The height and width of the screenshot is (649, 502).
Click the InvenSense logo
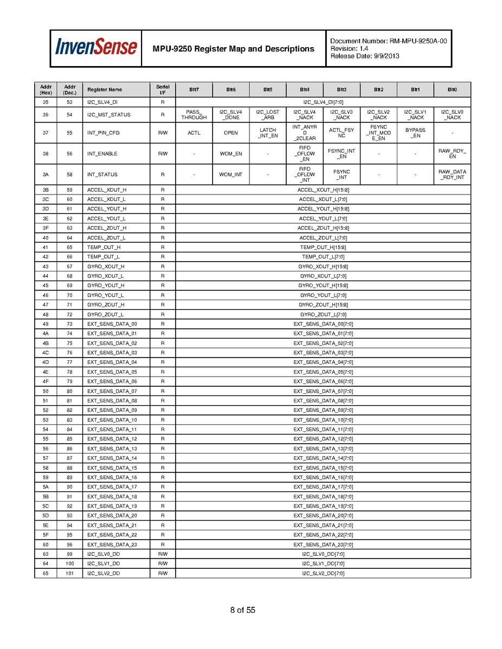tap(95, 48)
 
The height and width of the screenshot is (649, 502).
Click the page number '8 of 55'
tap(242, 610)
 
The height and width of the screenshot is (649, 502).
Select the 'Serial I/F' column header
tap(163, 89)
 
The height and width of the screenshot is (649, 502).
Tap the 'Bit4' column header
tap(305, 89)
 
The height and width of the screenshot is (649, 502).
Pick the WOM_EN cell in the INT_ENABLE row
tap(231, 154)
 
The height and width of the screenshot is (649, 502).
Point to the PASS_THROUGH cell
tap(194, 115)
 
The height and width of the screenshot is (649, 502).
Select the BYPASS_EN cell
tap(415, 133)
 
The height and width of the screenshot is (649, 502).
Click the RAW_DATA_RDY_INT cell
tap(452, 174)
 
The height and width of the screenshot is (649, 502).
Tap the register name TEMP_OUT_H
tap(104, 247)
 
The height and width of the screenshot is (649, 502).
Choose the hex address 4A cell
tap(46, 333)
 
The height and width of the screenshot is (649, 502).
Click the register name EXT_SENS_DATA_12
tap(112, 439)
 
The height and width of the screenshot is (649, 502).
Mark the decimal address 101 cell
tap(69, 573)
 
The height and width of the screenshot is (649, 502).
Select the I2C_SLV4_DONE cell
tap(231, 115)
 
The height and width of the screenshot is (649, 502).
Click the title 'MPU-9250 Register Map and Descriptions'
tap(234, 49)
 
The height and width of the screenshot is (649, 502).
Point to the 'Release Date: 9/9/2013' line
tap(365, 56)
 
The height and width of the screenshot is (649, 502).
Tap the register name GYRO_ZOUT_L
tap(106, 314)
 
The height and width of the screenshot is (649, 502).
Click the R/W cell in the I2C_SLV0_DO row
tap(163, 554)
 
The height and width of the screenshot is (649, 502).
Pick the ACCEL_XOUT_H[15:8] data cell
tap(323, 190)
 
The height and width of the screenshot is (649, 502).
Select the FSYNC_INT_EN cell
tap(342, 154)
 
